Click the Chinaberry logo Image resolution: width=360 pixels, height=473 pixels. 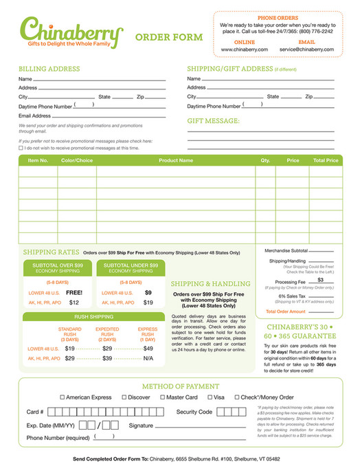click(71, 31)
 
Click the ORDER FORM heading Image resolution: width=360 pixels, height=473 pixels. click(169, 37)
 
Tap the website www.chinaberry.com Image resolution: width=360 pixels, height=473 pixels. click(244, 49)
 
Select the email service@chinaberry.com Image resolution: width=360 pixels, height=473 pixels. click(306, 49)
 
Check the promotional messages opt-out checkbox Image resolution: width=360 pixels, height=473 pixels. click(21, 148)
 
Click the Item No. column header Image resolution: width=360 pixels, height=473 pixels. click(38, 160)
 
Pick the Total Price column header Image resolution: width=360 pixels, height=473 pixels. click(326, 160)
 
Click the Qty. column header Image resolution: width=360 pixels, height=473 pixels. click(265, 160)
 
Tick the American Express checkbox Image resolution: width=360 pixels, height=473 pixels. click(63, 397)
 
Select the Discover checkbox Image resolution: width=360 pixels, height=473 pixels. click(124, 397)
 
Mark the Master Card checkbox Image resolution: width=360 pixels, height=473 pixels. click(163, 397)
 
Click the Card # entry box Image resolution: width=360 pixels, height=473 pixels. click(103, 412)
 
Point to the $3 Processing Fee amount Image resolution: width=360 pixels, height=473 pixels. click(320, 280)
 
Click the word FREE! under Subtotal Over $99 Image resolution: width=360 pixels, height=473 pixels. click(74, 292)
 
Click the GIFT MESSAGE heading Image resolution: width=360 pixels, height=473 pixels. click(214, 121)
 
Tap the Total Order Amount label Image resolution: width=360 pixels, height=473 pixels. click(286, 311)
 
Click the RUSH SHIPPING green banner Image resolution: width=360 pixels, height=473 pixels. click(93, 317)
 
